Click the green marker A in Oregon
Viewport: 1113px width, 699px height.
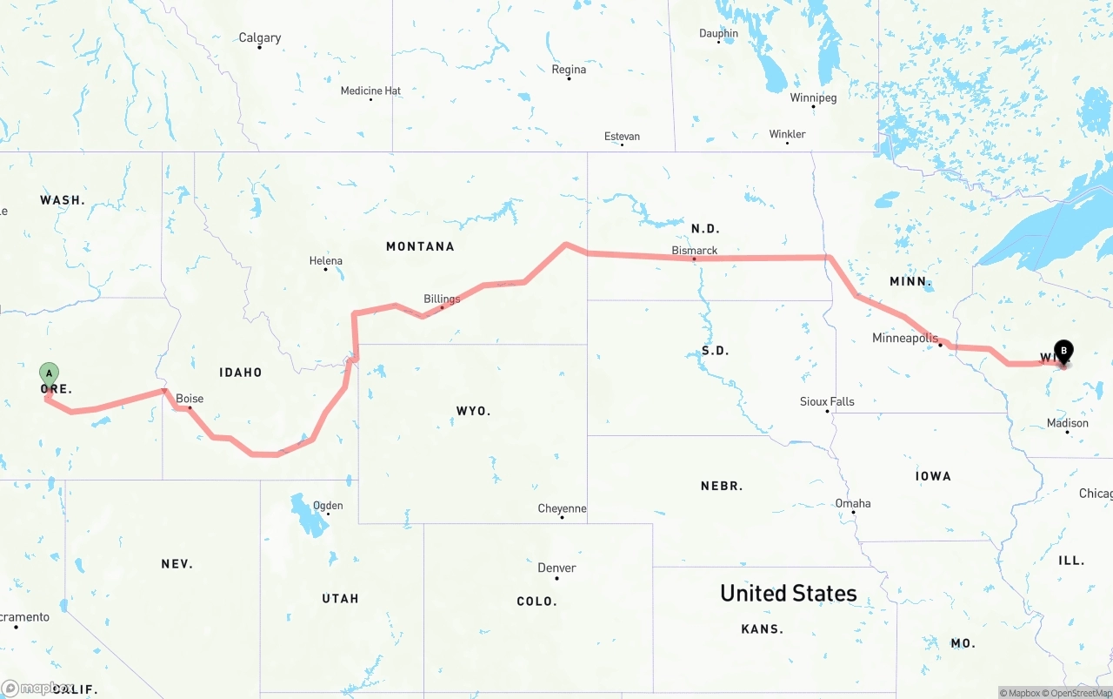click(x=50, y=373)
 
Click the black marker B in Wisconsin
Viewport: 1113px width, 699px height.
click(x=1063, y=351)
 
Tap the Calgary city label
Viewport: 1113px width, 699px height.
click(x=260, y=38)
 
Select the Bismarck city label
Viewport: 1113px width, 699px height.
click(x=695, y=251)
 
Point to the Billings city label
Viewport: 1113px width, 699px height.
click(x=442, y=299)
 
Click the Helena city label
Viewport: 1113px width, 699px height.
click(x=326, y=261)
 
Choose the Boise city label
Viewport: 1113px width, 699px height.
click(x=190, y=400)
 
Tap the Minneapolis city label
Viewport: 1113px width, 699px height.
click(x=905, y=338)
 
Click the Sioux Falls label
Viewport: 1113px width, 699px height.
click(x=827, y=402)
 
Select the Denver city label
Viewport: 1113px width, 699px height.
click(x=556, y=568)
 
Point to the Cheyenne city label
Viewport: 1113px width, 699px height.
click(x=562, y=508)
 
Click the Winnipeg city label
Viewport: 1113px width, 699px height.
click(x=813, y=97)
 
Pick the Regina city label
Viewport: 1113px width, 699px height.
click(x=569, y=70)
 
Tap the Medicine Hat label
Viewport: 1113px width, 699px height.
click(x=370, y=91)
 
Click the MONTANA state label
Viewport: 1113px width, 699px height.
click(x=420, y=246)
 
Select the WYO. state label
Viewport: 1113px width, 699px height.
click(x=474, y=411)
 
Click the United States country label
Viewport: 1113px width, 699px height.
click(x=788, y=594)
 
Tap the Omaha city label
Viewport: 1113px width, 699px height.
click(x=853, y=504)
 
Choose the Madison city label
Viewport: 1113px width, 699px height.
click(x=1068, y=423)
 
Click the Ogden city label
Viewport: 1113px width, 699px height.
click(x=328, y=506)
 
